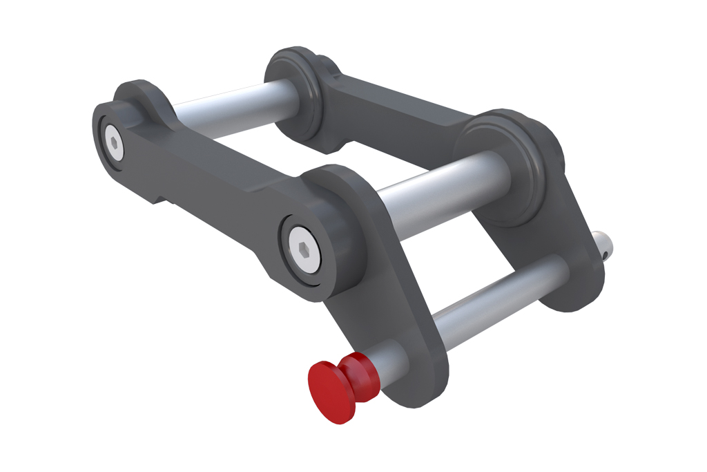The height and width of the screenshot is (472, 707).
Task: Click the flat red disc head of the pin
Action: tap(329, 390)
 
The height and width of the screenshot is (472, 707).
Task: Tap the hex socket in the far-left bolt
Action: tap(113, 143)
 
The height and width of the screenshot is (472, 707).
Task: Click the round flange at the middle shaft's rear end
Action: tap(511, 166)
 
